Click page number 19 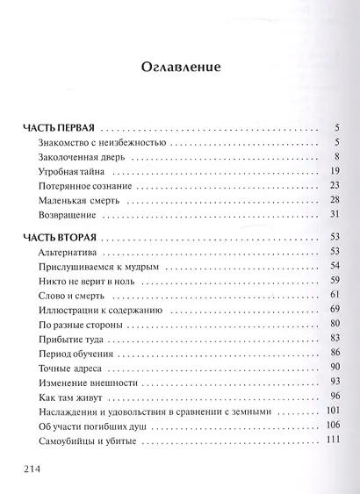click(334, 171)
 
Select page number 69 click(334, 311)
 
